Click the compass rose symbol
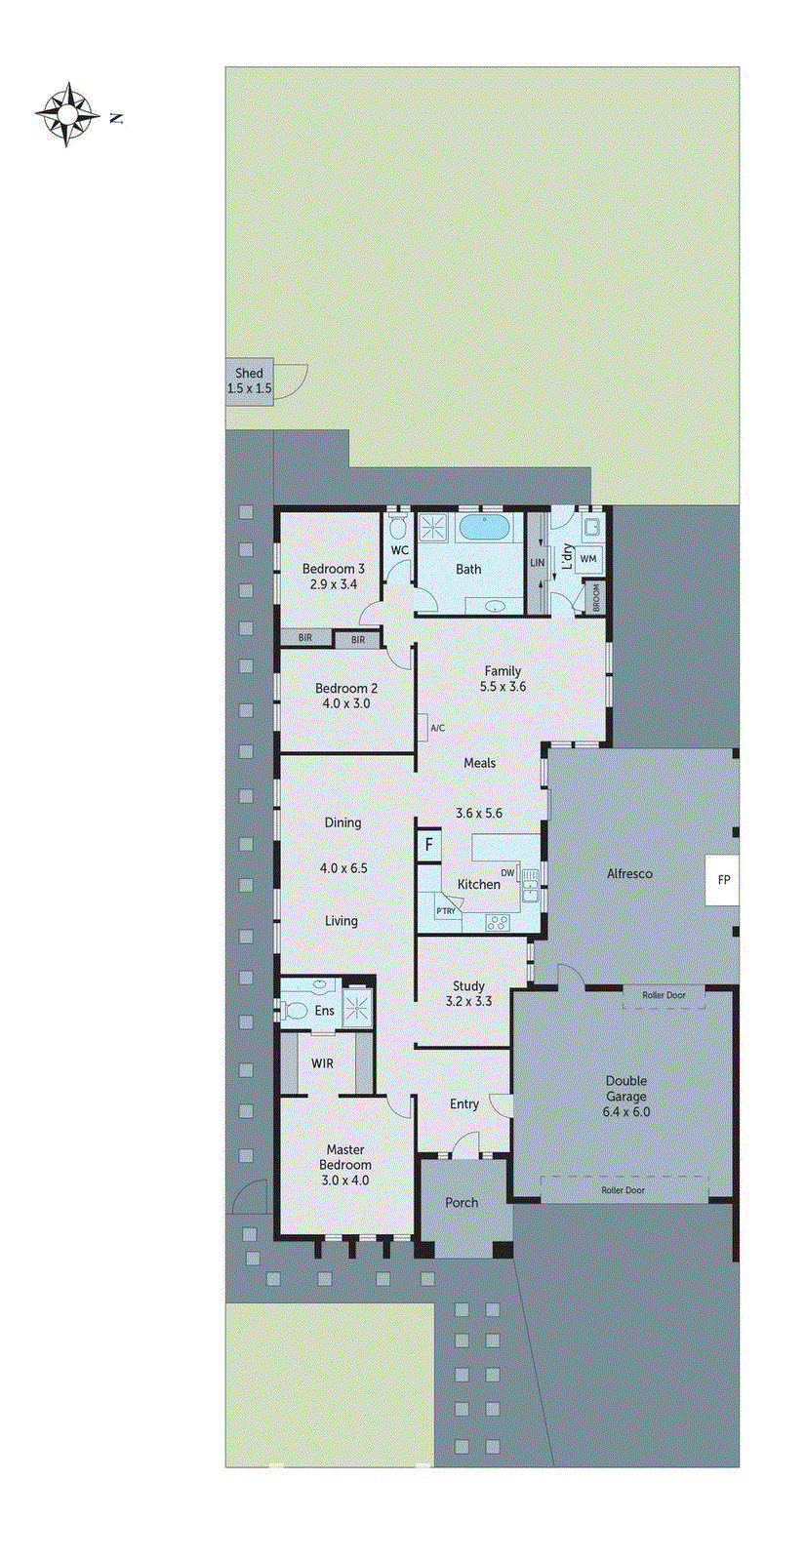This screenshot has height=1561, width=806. (67, 115)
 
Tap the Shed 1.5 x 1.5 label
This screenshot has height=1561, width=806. (249, 380)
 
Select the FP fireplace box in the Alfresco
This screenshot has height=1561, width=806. (723, 880)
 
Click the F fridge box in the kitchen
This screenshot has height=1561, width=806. (428, 845)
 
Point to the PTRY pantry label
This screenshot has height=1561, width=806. (446, 911)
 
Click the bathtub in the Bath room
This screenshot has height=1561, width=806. (484, 528)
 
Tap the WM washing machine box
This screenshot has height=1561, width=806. (588, 559)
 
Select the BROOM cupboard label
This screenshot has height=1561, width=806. (595, 598)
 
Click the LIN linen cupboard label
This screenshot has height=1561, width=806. (537, 563)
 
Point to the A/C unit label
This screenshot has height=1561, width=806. (437, 728)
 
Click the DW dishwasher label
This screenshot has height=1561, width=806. (507, 872)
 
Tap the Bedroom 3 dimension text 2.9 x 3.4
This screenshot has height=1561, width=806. (334, 584)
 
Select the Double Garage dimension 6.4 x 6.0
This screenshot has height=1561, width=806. (626, 1111)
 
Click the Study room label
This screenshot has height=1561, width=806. (468, 986)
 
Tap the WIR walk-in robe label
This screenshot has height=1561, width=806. (322, 1063)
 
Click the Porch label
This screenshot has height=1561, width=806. (462, 1203)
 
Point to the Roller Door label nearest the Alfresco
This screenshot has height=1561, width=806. (664, 995)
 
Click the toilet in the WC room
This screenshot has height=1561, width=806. (397, 528)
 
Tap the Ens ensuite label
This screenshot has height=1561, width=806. (325, 1011)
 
